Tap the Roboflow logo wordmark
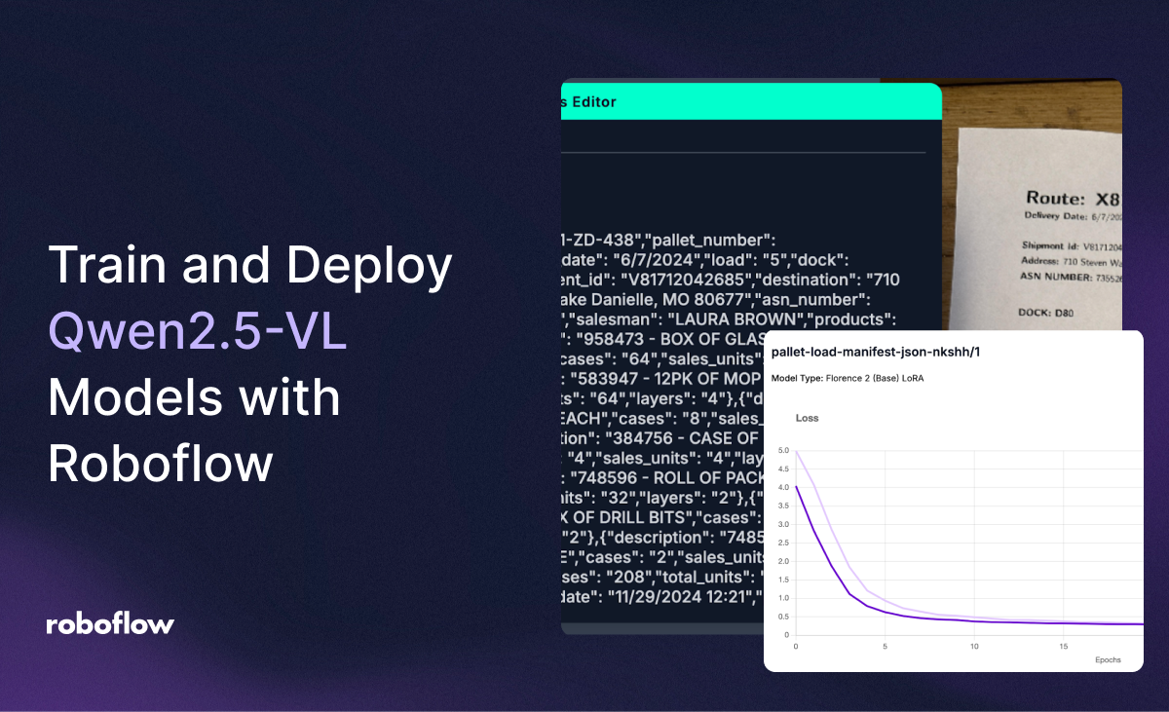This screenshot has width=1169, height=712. (x=110, y=624)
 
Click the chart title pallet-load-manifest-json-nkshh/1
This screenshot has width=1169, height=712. (x=872, y=352)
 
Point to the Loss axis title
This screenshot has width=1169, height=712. (x=807, y=418)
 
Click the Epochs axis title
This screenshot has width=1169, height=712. (x=1107, y=659)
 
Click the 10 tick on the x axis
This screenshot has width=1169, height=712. (x=974, y=646)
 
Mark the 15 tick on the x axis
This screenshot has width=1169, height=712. (x=1064, y=646)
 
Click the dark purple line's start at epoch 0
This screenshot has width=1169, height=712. (x=797, y=487)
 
